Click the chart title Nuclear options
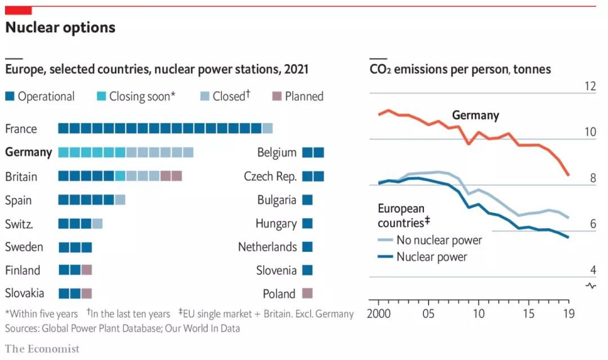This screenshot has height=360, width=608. (x=60, y=28)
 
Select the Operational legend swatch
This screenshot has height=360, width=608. (x=10, y=96)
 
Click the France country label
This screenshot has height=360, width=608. (x=21, y=129)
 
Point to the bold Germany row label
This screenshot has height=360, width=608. (x=28, y=152)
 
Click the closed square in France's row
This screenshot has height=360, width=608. (x=267, y=128)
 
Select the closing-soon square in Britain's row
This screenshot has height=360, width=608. (x=120, y=176)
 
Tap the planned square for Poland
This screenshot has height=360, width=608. (x=307, y=294)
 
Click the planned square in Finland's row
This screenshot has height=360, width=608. (x=87, y=270)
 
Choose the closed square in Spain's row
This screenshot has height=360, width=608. (x=120, y=199)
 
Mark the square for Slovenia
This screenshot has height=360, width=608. (x=307, y=270)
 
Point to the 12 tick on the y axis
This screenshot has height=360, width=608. (x=589, y=87)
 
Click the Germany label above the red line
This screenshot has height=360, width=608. (x=475, y=115)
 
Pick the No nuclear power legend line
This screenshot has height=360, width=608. (x=386, y=240)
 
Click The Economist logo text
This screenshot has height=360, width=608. (x=42, y=349)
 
